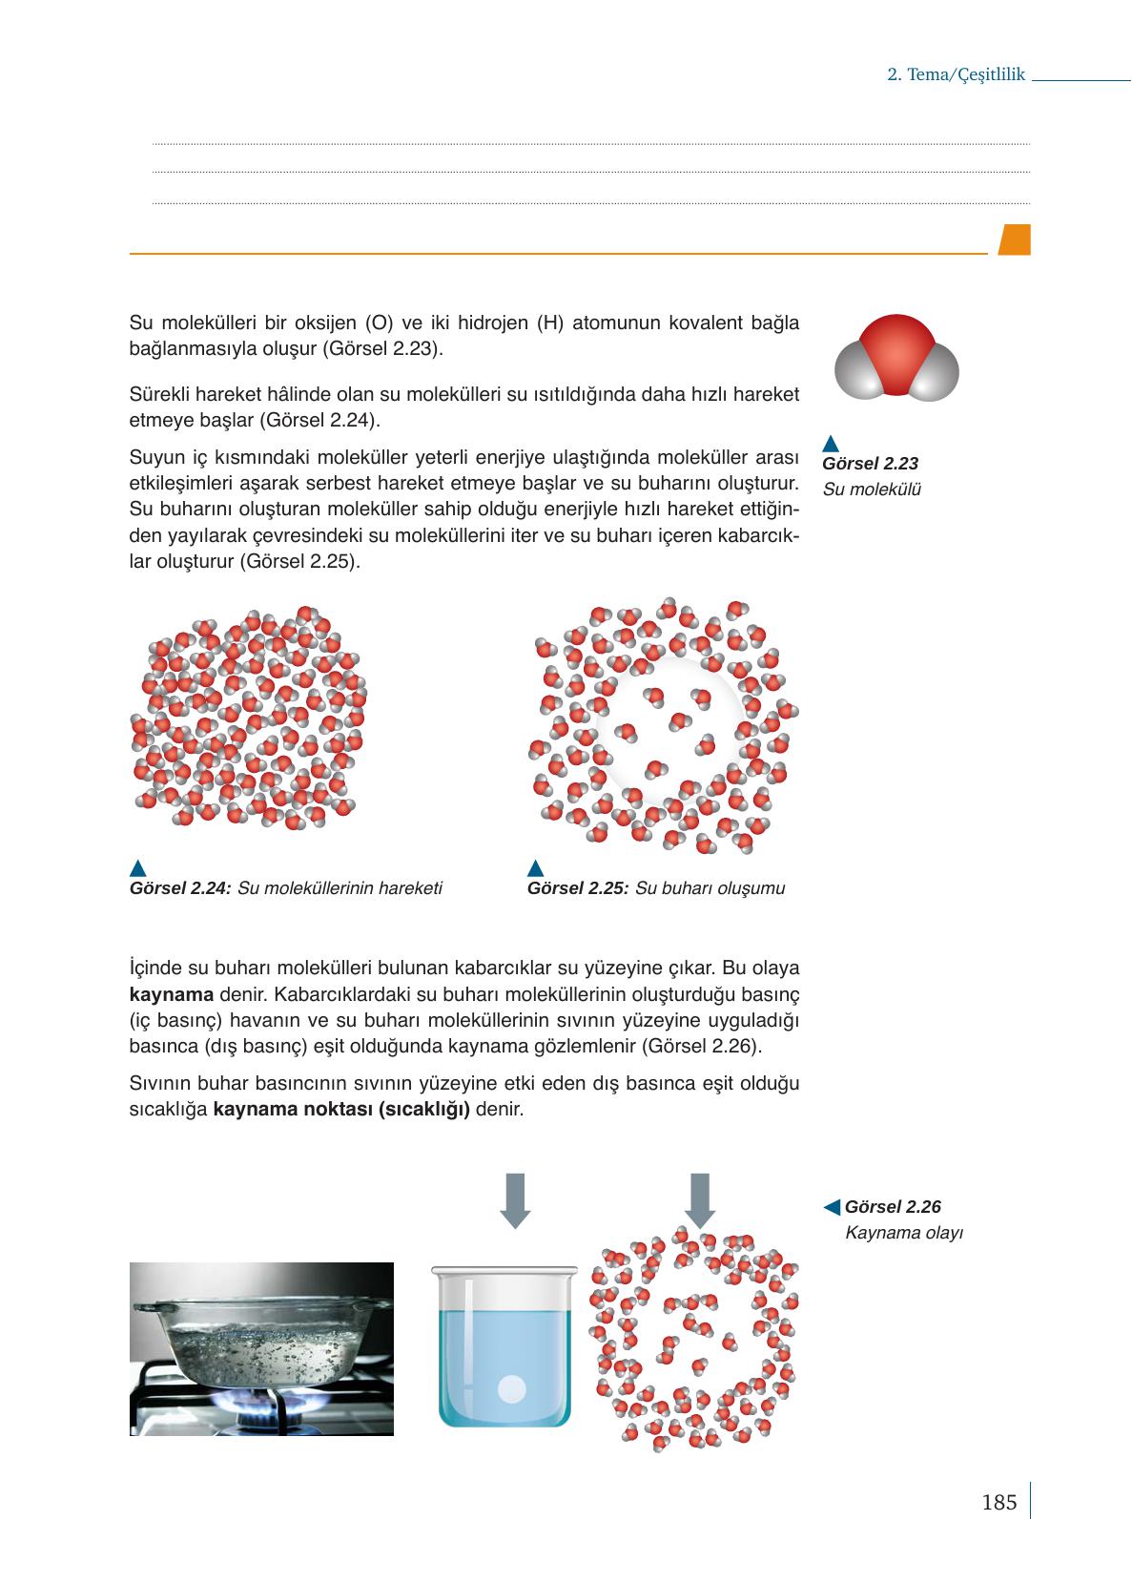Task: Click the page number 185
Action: [x=998, y=1503]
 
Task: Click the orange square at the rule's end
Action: [x=1015, y=240]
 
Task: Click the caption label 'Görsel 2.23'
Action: [x=870, y=464]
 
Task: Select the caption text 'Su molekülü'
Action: [x=872, y=490]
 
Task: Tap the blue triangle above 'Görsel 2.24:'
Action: [x=137, y=867]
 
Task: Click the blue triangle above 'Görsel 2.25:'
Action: [x=535, y=867]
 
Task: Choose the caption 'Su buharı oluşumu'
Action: [x=710, y=888]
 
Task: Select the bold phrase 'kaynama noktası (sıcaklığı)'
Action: [x=342, y=1111]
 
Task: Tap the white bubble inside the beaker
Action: [x=512, y=1388]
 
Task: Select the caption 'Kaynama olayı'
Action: [x=904, y=1233]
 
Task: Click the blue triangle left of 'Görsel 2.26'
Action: [x=832, y=1207]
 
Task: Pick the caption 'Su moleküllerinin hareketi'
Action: [x=340, y=888]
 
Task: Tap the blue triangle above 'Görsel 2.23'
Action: [x=830, y=443]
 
